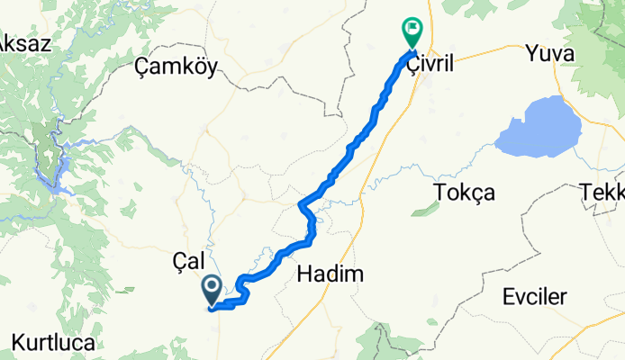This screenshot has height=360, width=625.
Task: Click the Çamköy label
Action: [x=175, y=67]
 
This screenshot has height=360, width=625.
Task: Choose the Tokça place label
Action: [x=464, y=193]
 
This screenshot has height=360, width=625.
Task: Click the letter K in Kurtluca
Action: [x=17, y=343]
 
